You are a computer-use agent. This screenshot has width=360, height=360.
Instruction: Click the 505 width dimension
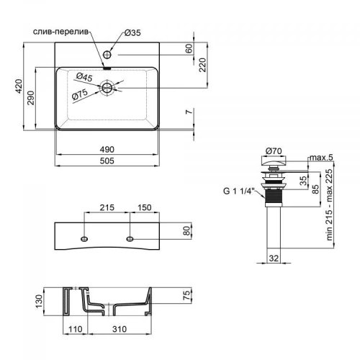click(x=107, y=161)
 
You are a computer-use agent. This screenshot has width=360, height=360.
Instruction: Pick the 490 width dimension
click(x=107, y=150)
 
